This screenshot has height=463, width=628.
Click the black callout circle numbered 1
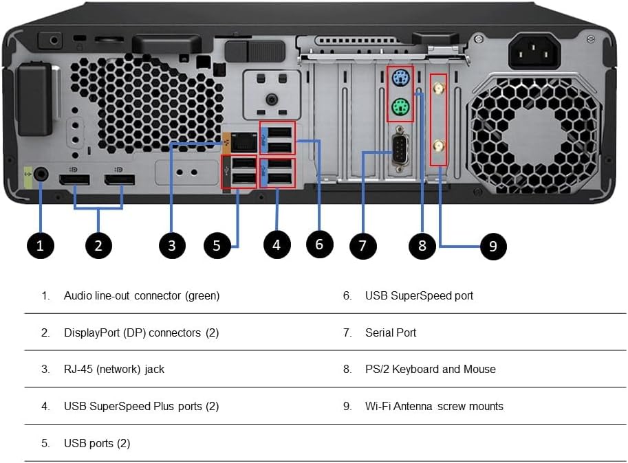coord(40,245)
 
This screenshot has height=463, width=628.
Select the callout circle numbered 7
coord(362,245)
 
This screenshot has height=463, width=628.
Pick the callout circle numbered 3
coord(172,245)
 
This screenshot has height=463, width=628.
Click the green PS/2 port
coord(400,107)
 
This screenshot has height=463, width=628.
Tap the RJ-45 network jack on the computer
coord(243,142)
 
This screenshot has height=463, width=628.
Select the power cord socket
coord(534,49)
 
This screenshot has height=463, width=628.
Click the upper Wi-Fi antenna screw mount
coord(437,88)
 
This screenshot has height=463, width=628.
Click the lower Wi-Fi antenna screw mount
coord(437,145)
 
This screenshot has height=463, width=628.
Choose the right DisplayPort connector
coord(120,182)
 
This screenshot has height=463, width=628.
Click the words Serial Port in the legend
coord(390,332)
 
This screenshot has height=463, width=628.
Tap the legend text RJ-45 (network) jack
coord(113,369)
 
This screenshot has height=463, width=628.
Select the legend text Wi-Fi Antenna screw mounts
coord(433,406)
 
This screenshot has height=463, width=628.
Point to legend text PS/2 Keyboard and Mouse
coord(430,369)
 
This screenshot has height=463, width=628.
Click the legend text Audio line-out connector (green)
coord(141,295)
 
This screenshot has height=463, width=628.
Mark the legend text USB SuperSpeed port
coord(419,295)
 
